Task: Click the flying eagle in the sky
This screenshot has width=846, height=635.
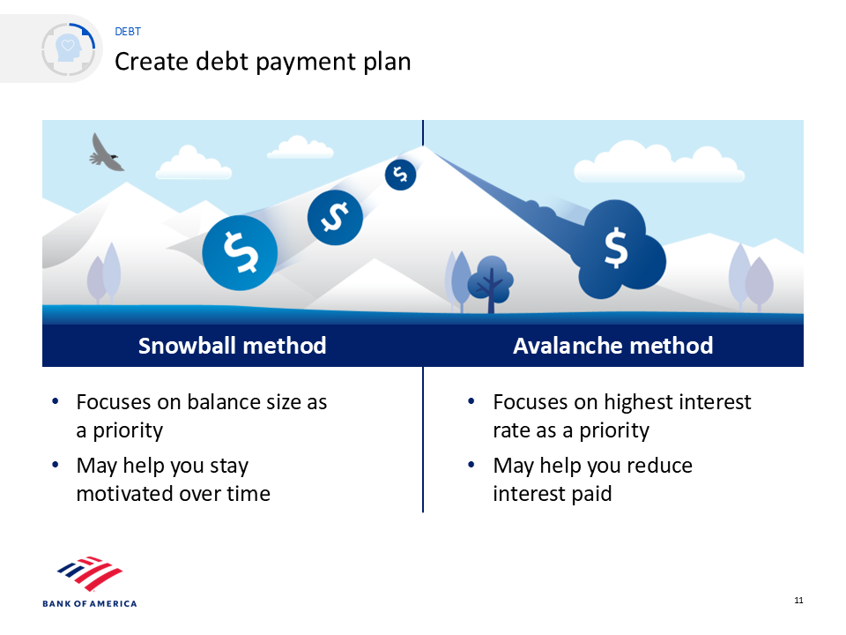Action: coord(106,153)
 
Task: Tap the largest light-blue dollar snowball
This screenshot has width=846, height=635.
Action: coord(240,253)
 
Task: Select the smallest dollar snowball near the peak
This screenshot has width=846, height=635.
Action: coord(400,175)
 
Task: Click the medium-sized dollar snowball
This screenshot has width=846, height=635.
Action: coord(335,218)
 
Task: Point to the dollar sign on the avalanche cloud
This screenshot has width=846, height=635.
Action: coord(616,249)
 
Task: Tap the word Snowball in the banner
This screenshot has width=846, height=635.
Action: coord(182,346)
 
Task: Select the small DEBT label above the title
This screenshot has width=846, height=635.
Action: coord(128,32)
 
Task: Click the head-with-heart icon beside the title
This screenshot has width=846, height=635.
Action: coord(69,49)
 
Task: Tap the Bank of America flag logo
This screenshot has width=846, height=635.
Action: coord(90,573)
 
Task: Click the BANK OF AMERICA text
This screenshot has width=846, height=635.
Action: coord(90,603)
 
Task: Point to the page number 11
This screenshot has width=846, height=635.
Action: coord(798,601)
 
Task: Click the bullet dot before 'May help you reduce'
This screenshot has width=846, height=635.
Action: coord(471,465)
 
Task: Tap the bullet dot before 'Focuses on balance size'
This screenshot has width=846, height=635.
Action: coord(55,401)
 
